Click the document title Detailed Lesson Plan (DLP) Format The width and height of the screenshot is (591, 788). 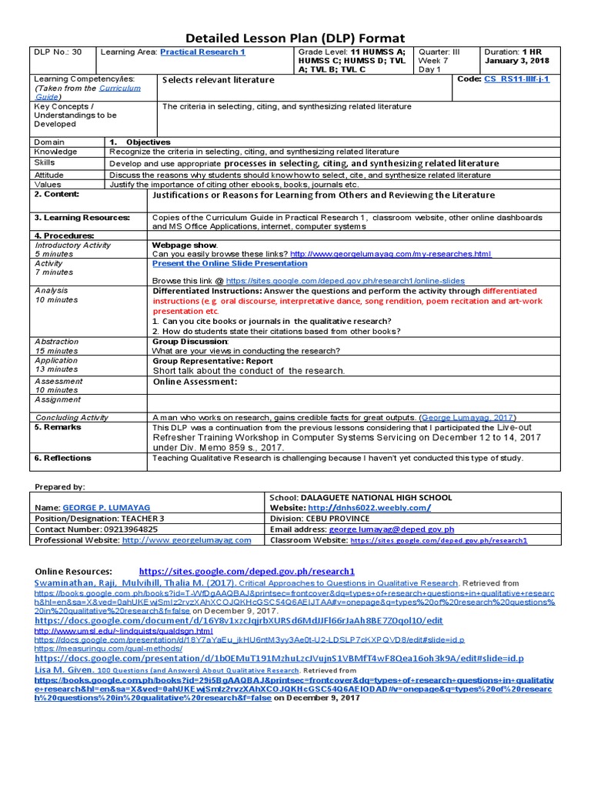pos(295,38)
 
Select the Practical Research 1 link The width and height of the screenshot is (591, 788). pos(202,52)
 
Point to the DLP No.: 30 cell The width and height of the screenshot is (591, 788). pos(55,52)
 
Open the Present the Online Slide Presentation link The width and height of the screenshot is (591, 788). pos(229,263)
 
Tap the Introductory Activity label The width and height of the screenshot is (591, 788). pos(72,245)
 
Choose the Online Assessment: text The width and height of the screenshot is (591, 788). pos(194,382)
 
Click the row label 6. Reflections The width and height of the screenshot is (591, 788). pos(62,458)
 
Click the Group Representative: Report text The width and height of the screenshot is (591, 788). pos(212,361)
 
